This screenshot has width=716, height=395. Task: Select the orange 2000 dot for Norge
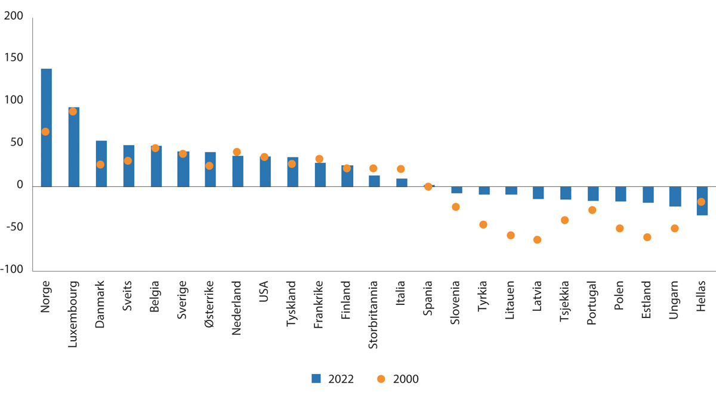pos(45,132)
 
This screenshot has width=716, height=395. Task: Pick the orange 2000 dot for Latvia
pos(537,240)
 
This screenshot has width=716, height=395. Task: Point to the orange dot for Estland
pos(647,237)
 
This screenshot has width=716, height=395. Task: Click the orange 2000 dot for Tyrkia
pos(483,225)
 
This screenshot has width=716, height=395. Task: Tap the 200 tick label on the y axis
pos(14,16)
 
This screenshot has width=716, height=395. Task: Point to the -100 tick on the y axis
pos(12,270)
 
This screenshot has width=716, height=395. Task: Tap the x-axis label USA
pos(264,292)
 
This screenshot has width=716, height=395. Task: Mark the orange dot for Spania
pos(428,187)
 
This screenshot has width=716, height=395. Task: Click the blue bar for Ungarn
pos(675,197)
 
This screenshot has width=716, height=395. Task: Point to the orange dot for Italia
pos(401,169)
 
